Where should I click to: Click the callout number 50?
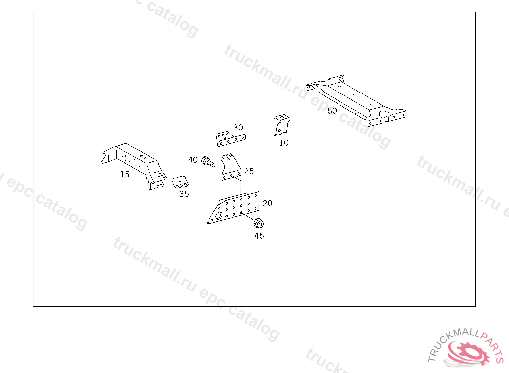[x=332, y=111]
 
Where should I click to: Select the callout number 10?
[x=284, y=143]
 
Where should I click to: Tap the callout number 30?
[x=238, y=127]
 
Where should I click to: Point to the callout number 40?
[x=193, y=160]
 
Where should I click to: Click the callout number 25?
[x=249, y=171]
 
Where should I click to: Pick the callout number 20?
[x=267, y=203]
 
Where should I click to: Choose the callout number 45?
[x=259, y=236]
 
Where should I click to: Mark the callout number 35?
[x=184, y=194]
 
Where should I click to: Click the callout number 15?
[x=125, y=174]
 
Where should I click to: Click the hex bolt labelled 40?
[x=208, y=162]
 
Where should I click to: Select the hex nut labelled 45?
[x=258, y=223]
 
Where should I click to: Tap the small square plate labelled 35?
[x=180, y=183]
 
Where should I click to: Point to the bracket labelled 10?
[x=281, y=125]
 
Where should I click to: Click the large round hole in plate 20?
[x=219, y=216]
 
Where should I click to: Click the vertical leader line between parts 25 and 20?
[x=241, y=186]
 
